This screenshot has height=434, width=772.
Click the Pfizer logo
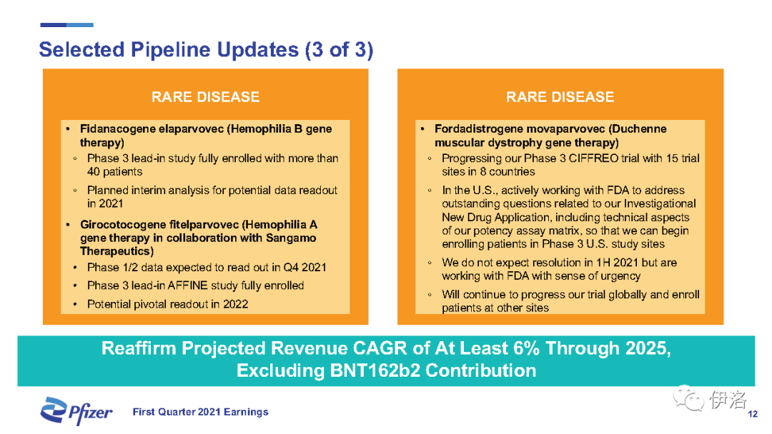(x=76, y=411)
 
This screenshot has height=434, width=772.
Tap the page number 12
(x=753, y=414)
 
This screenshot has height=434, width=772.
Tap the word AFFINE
(x=187, y=286)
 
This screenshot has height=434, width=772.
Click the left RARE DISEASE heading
(x=205, y=97)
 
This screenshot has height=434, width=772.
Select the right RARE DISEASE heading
(x=560, y=97)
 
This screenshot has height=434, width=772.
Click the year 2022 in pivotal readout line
(x=235, y=304)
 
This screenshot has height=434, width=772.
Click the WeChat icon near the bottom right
(x=688, y=398)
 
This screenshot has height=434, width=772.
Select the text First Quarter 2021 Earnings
(x=200, y=412)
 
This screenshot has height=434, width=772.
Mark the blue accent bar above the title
(x=67, y=24)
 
